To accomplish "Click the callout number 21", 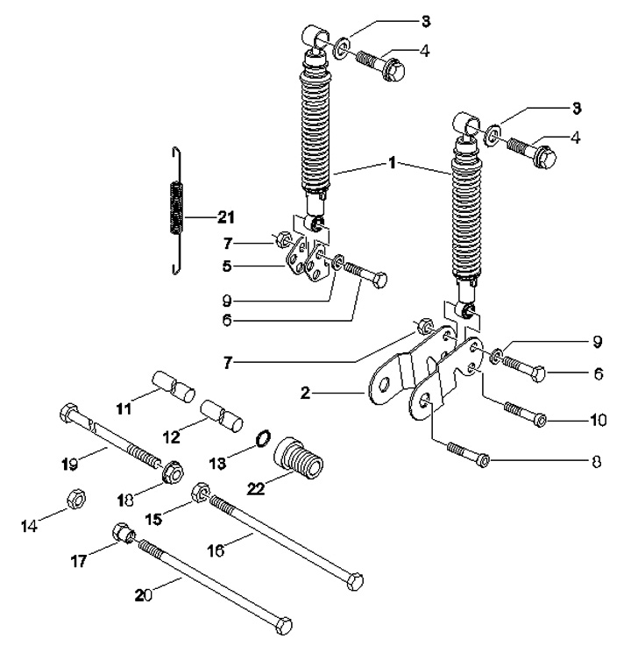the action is click(x=226, y=217).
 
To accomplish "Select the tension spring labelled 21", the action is click(x=177, y=210).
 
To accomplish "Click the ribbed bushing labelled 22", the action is click(x=298, y=458).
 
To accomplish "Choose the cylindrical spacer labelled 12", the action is click(x=222, y=415).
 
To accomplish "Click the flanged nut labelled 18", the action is click(x=173, y=472).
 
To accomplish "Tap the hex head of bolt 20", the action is click(x=284, y=625).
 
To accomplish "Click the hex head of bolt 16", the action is click(x=355, y=581).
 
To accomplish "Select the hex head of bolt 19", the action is click(x=69, y=412).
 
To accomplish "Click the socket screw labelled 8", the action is click(x=468, y=454).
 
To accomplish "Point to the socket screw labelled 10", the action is click(x=525, y=413).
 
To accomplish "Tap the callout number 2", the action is click(x=305, y=393).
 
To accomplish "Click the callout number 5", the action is click(x=227, y=266).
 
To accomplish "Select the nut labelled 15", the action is click(x=201, y=493).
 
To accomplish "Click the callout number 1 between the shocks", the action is click(x=392, y=163).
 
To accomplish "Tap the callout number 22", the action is click(x=256, y=488).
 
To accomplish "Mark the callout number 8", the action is click(x=597, y=461).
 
